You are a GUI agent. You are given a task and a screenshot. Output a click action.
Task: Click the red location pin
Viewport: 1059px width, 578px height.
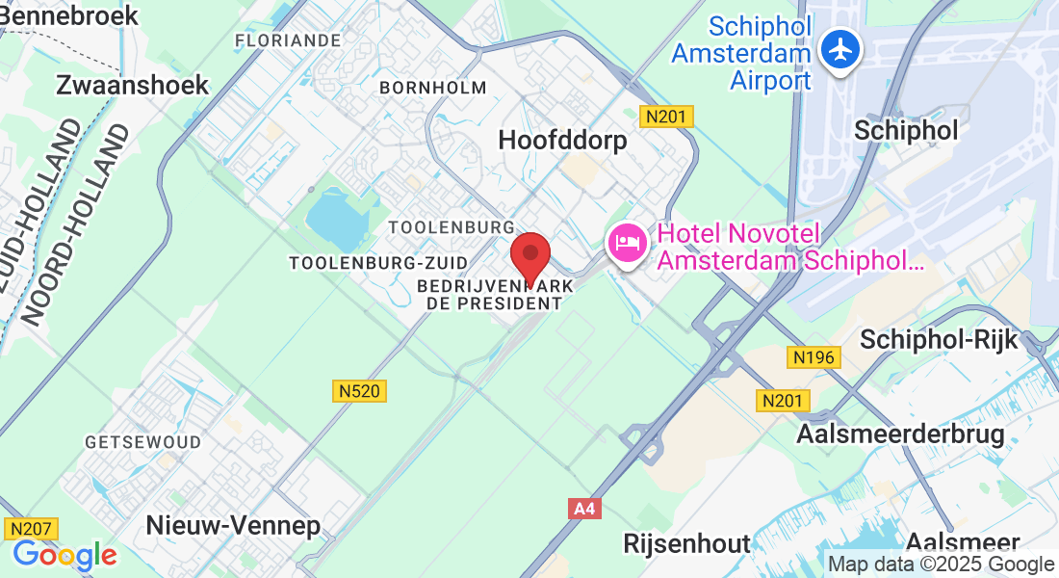tap(529, 257)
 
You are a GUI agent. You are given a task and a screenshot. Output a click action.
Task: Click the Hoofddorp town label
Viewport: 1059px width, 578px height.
tap(562, 140)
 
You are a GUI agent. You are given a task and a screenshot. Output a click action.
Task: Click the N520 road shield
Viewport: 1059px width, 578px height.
tap(361, 390)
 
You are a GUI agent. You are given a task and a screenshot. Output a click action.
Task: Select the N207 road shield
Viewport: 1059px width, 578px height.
tap(32, 528)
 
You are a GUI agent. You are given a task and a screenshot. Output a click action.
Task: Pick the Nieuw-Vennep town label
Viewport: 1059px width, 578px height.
tap(232, 525)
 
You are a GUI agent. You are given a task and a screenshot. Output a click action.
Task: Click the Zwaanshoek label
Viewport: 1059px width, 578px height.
tap(132, 85)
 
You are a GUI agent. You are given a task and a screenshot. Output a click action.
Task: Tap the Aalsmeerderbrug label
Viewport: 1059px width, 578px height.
tap(900, 433)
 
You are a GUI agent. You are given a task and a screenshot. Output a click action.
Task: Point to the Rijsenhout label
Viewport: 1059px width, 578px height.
tap(686, 543)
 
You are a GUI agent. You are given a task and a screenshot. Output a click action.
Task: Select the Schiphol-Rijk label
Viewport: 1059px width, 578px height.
tap(939, 339)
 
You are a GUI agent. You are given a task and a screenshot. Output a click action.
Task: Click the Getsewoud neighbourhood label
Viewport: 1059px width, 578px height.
tap(143, 442)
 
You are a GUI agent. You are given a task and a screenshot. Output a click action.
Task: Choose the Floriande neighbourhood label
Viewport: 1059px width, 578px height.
tap(288, 40)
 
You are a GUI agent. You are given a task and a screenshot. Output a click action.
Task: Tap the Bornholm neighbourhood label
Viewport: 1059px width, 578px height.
tap(433, 88)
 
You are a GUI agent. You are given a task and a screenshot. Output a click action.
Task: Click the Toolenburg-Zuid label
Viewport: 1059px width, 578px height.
tap(378, 263)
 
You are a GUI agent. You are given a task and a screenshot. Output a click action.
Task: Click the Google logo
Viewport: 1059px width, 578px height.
tap(65, 556)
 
